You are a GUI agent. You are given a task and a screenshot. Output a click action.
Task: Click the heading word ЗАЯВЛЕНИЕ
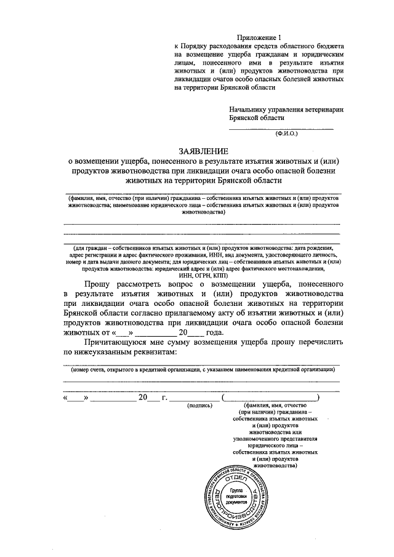coord(203,151)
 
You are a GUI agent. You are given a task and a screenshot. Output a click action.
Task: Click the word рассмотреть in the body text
coord(136,284)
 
